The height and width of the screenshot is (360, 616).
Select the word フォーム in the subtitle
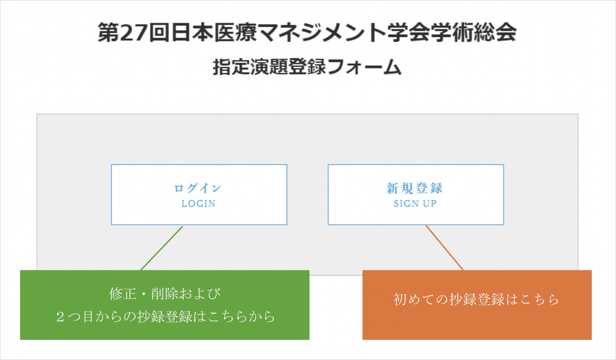[364, 67]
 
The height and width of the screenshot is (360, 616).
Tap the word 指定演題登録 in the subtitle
[269, 67]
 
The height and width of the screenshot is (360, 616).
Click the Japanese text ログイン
[198, 188]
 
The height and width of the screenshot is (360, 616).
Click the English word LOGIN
[199, 204]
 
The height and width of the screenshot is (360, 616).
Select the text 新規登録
[414, 188]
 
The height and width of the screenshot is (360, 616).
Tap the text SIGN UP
[415, 204]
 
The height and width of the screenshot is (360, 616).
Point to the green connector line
[161, 248]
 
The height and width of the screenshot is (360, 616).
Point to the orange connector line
[444, 248]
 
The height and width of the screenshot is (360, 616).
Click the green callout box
[165, 305]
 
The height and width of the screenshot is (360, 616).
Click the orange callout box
[477, 305]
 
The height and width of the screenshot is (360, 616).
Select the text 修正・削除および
[165, 294]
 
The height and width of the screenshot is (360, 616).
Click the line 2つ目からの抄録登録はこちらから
[165, 316]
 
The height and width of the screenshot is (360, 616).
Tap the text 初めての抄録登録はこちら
[476, 299]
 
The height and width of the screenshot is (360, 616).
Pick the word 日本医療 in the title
[214, 32]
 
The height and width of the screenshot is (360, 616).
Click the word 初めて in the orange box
[414, 299]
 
